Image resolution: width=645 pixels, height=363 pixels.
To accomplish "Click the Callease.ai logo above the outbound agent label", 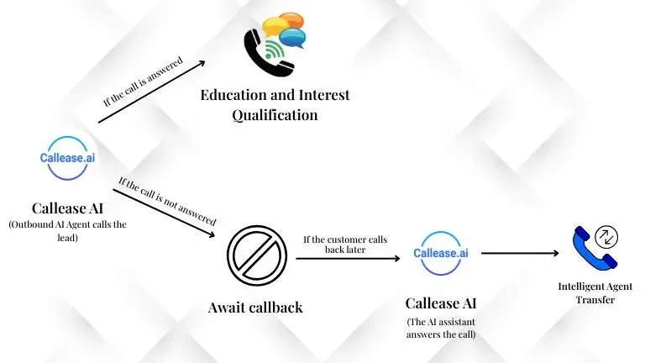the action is coord(67,158).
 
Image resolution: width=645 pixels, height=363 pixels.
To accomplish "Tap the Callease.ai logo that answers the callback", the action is coord(441,253).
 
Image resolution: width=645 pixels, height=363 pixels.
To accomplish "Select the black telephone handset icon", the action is coord(267,53).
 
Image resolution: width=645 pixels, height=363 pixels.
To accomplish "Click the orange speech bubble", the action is coord(291,20).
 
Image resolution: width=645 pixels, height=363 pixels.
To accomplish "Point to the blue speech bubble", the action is coord(292,38).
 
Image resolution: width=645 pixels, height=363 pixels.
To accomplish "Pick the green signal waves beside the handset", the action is coord(275,50).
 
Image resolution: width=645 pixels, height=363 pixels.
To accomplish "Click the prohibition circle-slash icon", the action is coord(257,255).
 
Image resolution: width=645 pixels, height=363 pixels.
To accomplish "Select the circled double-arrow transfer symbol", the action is coord(606,237).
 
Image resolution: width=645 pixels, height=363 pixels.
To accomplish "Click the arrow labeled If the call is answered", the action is coord(152,92).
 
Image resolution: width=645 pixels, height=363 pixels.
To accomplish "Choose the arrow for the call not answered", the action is coord(164,213).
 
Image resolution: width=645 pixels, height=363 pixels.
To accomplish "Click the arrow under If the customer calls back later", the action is coord(348,259).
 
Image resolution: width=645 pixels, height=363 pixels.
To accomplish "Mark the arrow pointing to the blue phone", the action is coord(520,253).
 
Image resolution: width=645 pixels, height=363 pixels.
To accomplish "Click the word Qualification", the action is coord(275,115).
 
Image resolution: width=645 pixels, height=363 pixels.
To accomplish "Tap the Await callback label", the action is coord(255,308).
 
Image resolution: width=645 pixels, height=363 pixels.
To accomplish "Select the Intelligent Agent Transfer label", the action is coord(595,292).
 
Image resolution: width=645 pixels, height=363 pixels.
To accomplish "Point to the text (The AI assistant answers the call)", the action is coord(441,328).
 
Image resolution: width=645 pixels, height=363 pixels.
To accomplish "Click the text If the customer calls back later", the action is coord(345,245).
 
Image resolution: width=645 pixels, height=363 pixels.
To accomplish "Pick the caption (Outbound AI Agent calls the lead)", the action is coord(67,231).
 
